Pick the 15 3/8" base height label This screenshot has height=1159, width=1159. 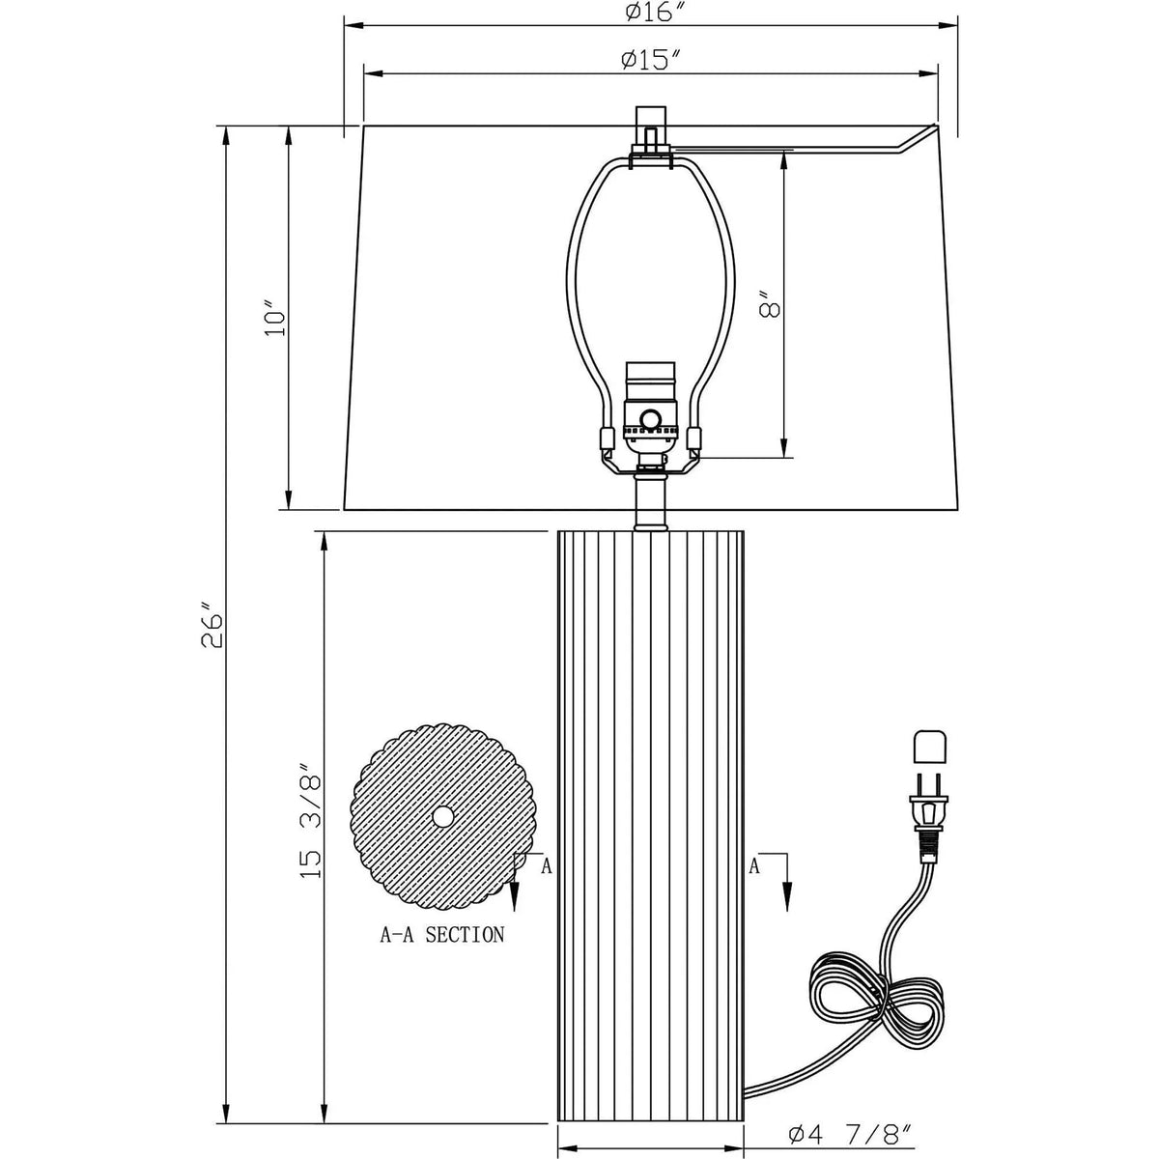[x=311, y=820]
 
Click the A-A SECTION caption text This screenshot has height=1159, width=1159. [x=441, y=934]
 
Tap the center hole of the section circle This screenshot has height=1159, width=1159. [x=442, y=816]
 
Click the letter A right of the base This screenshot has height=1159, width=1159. [x=756, y=866]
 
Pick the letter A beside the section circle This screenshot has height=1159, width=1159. [x=546, y=866]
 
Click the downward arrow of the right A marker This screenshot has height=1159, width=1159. [x=786, y=893]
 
